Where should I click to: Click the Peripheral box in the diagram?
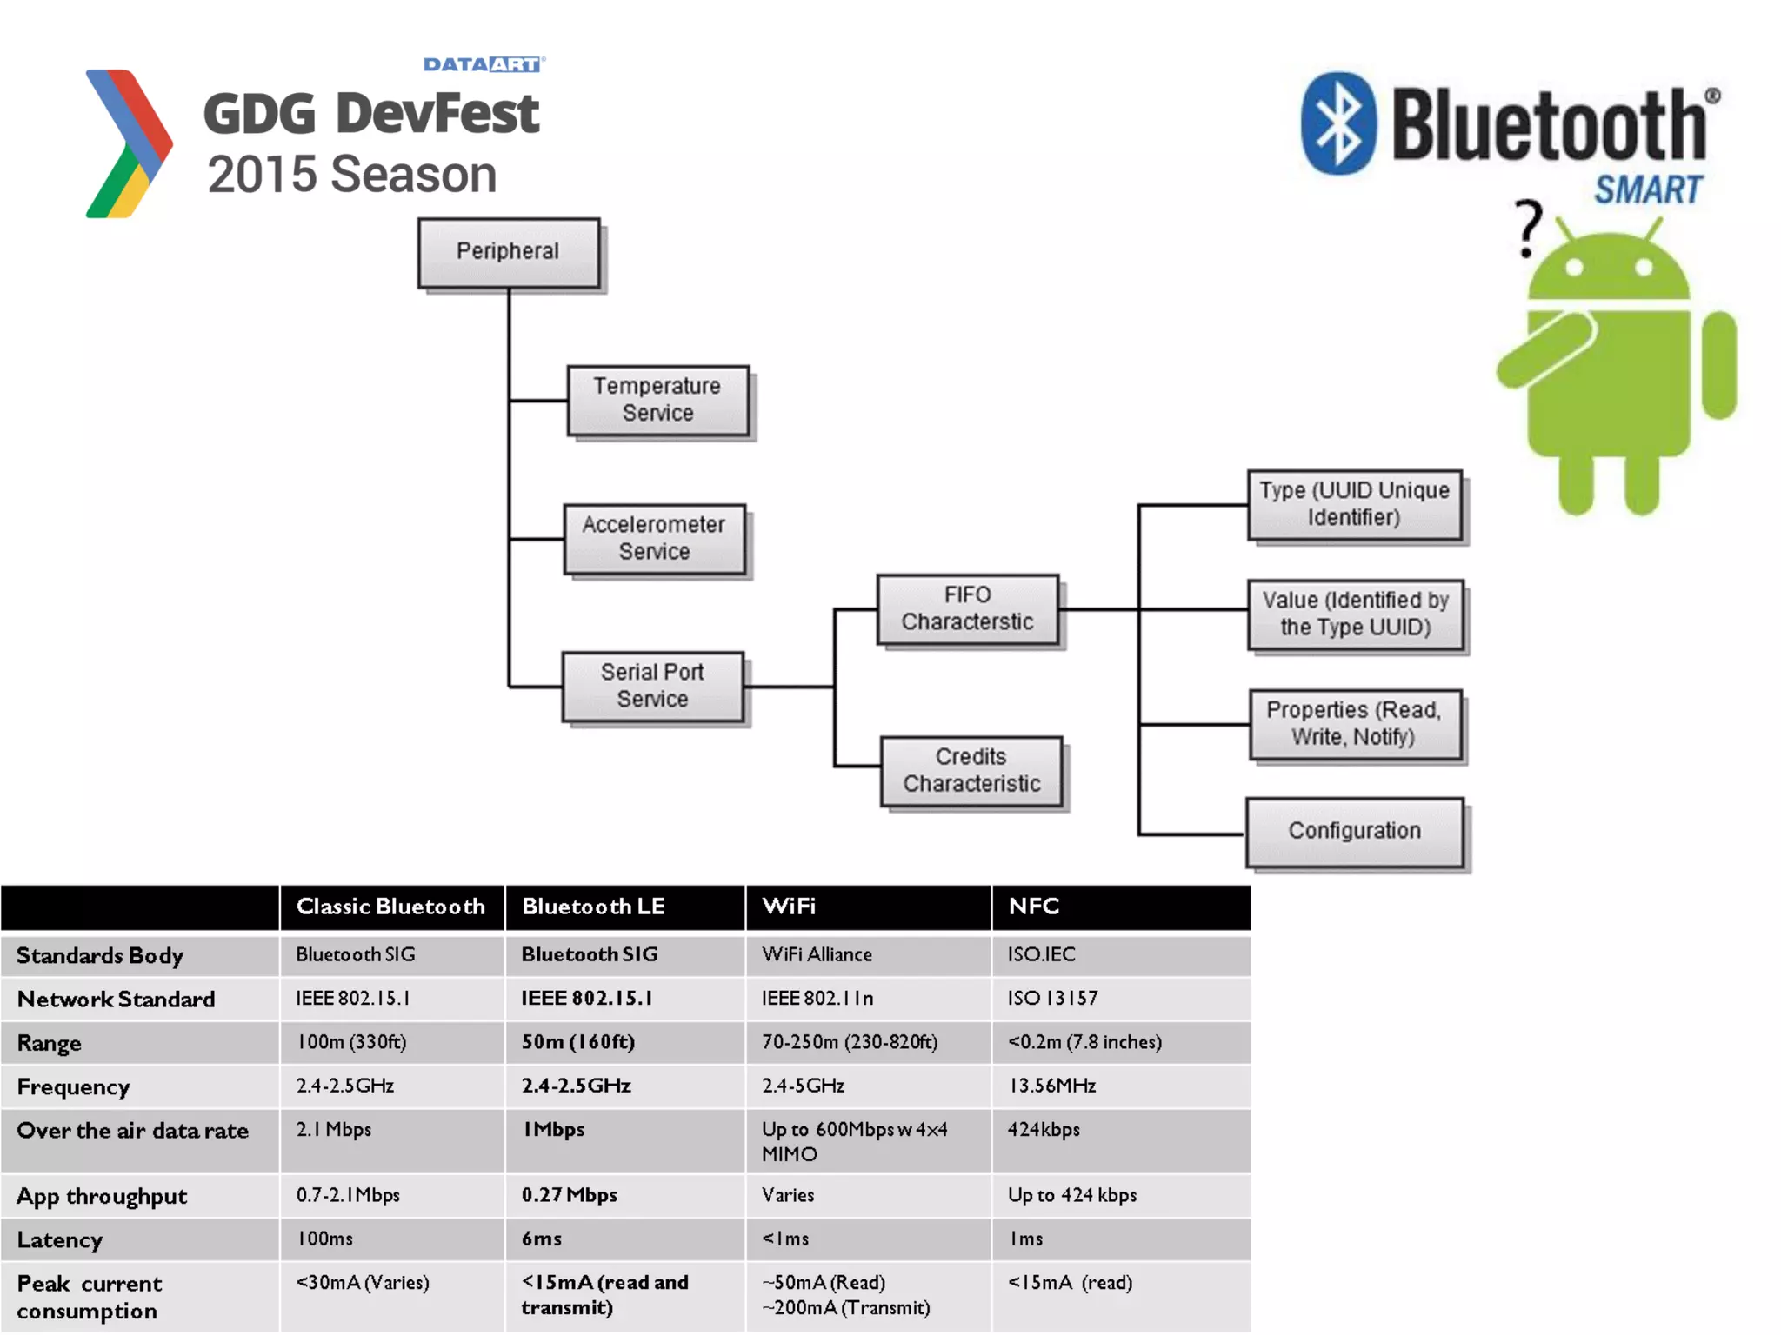(x=509, y=252)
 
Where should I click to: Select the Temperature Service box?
(x=657, y=400)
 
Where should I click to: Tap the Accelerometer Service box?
(x=654, y=539)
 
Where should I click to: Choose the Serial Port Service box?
(x=652, y=686)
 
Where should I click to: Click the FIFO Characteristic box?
(x=967, y=608)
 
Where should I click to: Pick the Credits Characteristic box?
(x=971, y=771)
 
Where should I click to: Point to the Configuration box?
(x=1354, y=832)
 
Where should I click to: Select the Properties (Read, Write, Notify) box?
(x=1354, y=724)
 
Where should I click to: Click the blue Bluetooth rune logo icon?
(x=1338, y=123)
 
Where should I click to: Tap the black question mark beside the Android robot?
(x=1528, y=228)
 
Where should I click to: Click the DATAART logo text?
(x=484, y=64)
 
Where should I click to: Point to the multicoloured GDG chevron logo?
(x=129, y=143)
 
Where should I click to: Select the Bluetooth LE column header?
(x=593, y=907)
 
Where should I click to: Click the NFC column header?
(x=1034, y=907)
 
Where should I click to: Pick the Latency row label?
(x=60, y=1240)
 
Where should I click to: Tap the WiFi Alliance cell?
(x=817, y=954)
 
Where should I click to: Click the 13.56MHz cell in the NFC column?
(x=1051, y=1086)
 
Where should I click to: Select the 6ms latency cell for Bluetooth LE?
(x=542, y=1239)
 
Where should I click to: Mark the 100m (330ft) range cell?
(x=351, y=1042)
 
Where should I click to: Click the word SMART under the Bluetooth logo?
(x=1648, y=189)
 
